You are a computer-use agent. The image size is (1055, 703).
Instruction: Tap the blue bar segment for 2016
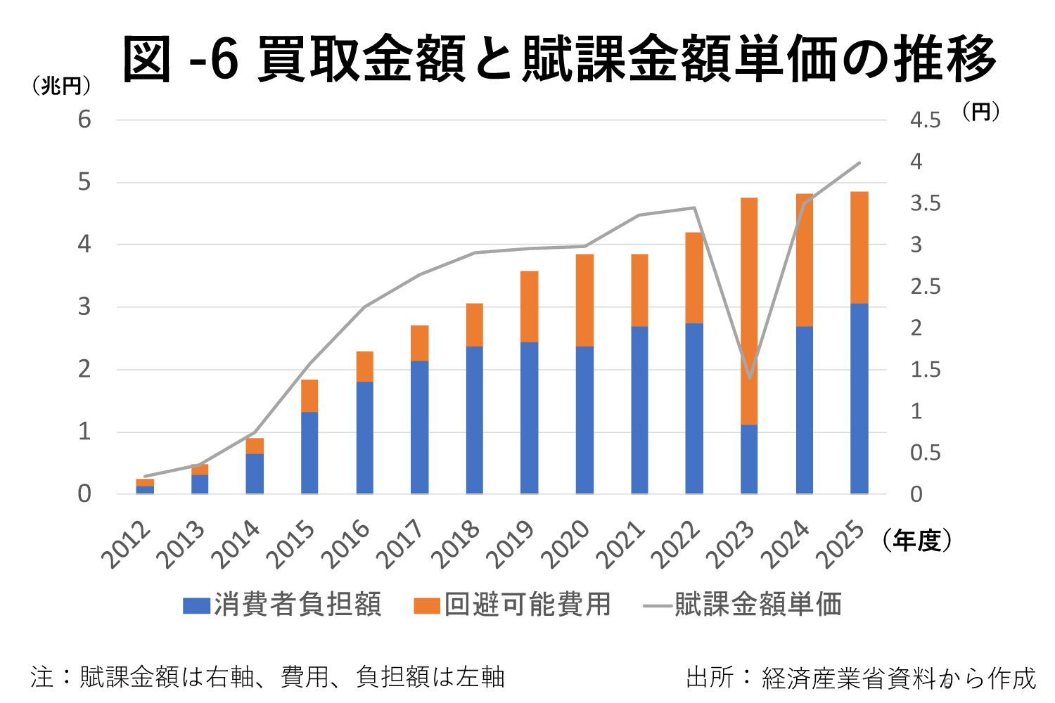click(364, 437)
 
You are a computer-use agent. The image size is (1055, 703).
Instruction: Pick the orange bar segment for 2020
click(584, 300)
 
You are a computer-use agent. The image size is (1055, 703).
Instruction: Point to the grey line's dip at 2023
click(750, 378)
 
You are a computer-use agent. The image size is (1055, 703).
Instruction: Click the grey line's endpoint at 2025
click(859, 163)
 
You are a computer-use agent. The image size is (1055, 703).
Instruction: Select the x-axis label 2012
click(127, 544)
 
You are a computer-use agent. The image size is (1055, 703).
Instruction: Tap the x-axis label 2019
click(511, 544)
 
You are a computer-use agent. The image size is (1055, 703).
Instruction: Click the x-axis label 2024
click(786, 544)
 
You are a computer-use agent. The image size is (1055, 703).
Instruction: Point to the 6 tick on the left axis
click(84, 120)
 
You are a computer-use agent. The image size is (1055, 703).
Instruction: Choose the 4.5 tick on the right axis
click(925, 121)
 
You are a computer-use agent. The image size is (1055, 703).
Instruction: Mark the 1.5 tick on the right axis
click(925, 370)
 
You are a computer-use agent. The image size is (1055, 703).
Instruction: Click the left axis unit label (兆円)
click(61, 86)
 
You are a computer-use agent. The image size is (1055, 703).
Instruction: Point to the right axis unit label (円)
click(980, 111)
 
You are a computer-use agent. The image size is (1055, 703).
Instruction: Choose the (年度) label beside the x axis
click(916, 540)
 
